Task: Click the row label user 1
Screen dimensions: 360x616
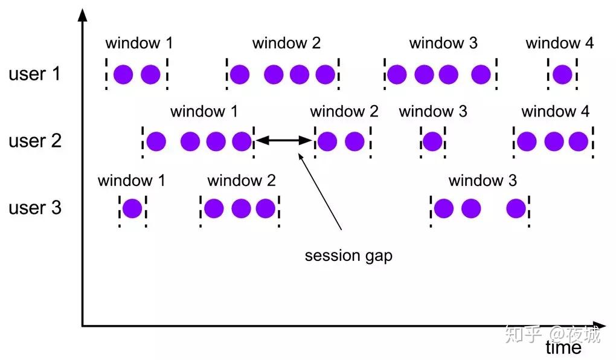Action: (x=35, y=74)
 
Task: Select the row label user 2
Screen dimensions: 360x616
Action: (x=35, y=141)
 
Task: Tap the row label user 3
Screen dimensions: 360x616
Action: (x=35, y=208)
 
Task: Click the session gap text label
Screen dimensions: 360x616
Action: (x=348, y=256)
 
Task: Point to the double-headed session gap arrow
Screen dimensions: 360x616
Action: (x=283, y=141)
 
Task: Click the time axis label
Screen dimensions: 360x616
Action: (x=563, y=348)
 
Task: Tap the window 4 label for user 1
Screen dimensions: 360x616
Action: (x=559, y=43)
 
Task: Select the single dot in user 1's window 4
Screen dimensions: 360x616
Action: (x=562, y=74)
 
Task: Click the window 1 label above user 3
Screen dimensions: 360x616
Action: (x=131, y=181)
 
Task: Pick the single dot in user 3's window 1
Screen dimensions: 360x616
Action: (x=132, y=208)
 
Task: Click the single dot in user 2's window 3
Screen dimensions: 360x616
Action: (x=432, y=141)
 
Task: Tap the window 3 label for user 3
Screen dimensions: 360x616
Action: (x=483, y=181)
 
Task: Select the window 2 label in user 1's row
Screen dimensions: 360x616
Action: (x=286, y=43)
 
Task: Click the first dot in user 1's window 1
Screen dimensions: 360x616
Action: (x=123, y=74)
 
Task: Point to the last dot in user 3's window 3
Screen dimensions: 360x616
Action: (x=516, y=208)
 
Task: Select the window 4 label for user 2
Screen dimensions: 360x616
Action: (x=555, y=112)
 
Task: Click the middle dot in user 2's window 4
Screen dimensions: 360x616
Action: (x=553, y=141)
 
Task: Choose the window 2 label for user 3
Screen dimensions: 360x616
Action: (x=241, y=181)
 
